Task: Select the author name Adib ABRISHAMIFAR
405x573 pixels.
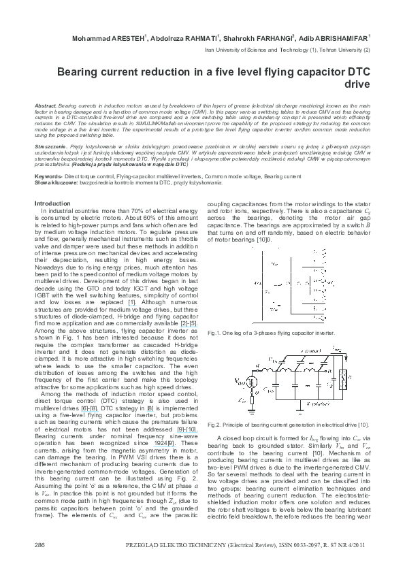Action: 339,38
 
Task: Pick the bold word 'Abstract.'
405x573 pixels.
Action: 45,107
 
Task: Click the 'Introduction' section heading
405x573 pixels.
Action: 52,203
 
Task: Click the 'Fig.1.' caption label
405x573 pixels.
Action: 216,333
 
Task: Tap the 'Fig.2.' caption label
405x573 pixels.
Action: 216,424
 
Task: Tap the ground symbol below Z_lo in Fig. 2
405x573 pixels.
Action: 251,412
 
